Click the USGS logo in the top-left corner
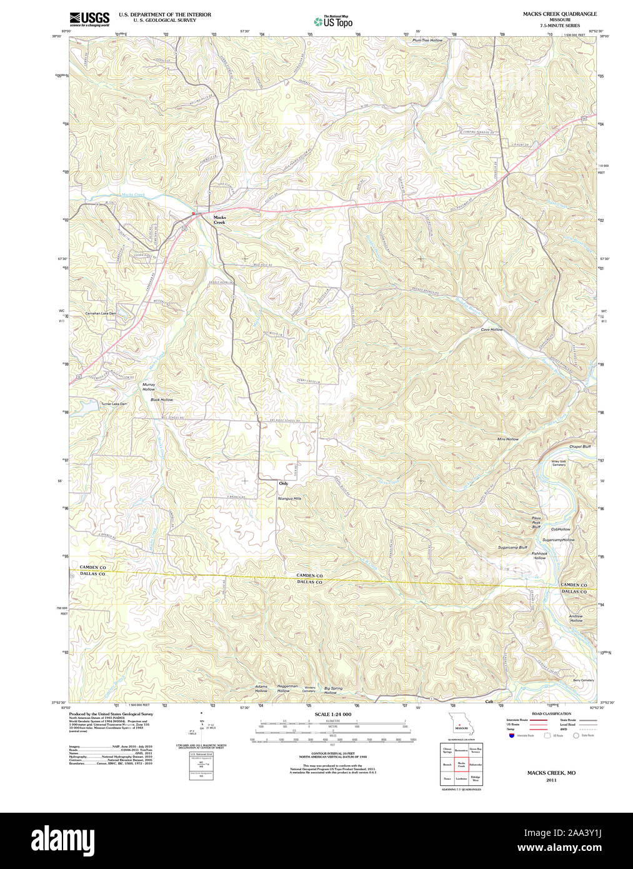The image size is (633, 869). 89,18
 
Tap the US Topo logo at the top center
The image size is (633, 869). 333,21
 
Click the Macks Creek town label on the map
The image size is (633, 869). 219,219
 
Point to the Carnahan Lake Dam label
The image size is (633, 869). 101,313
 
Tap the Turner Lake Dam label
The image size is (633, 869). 114,404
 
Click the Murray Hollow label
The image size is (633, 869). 149,386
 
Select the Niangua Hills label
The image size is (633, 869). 289,498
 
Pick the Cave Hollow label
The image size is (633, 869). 491,329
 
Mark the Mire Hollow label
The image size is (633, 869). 507,439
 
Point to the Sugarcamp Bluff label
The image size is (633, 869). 512,547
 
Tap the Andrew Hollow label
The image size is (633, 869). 576,618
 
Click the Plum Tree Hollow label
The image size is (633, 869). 427,40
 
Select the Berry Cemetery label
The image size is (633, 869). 583,680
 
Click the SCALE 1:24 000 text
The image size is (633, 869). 332,714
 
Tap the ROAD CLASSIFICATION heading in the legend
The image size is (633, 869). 551,713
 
